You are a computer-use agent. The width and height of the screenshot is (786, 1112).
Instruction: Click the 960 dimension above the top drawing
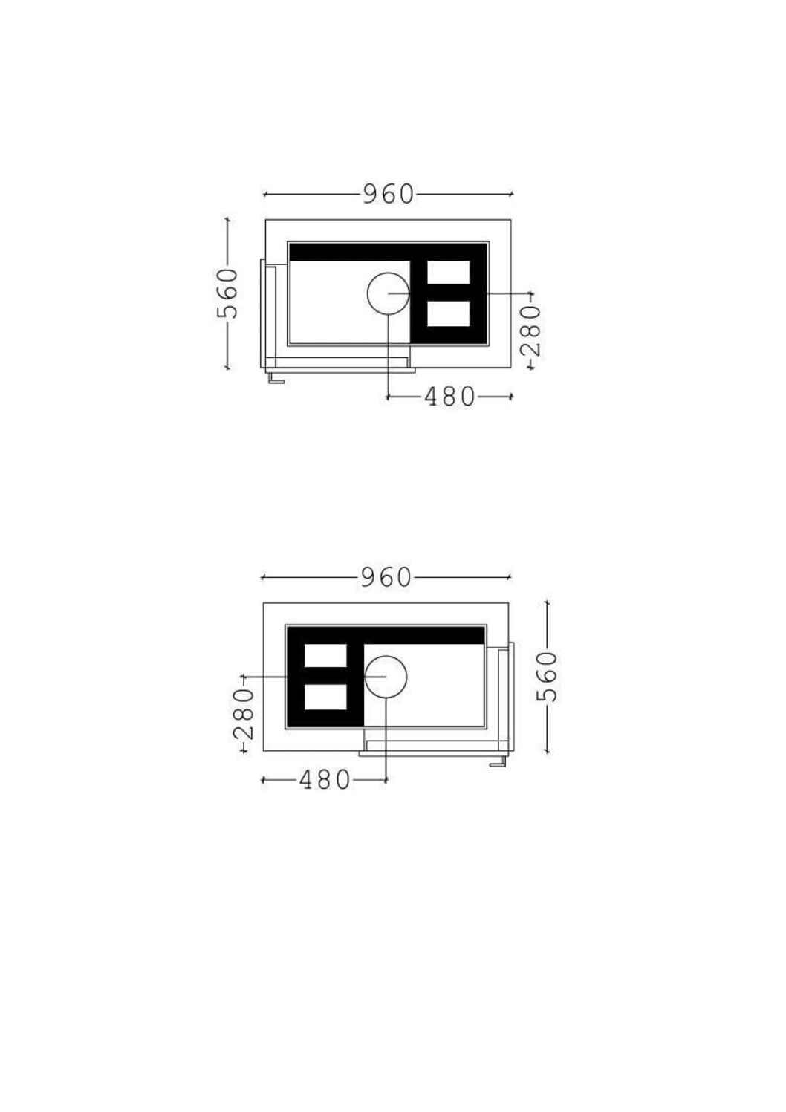389,194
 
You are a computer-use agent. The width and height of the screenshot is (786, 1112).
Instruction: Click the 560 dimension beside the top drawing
227,293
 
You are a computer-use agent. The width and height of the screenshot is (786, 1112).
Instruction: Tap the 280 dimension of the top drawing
530,331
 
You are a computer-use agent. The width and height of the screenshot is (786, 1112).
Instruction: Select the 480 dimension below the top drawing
449,397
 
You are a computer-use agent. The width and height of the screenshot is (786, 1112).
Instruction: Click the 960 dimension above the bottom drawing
386,577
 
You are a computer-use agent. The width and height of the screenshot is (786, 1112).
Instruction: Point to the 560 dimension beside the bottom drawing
548,676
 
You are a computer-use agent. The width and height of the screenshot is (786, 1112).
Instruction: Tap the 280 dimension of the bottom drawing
243,714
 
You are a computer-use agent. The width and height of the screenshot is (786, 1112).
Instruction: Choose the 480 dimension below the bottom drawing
325,780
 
